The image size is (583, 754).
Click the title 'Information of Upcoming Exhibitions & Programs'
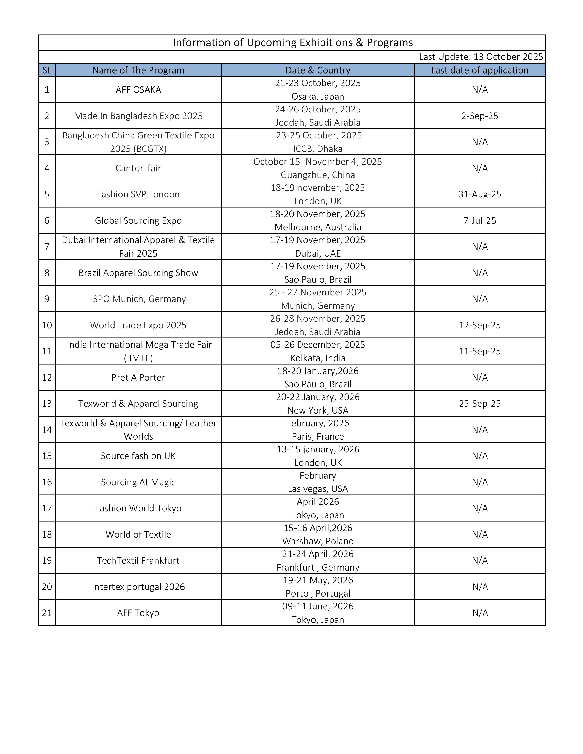pos(293,42)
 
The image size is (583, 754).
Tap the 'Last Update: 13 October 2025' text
pos(481,57)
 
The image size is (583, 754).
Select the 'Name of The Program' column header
pos(138,70)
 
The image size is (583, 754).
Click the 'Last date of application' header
pos(479,70)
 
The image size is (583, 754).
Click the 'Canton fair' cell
pos(138,168)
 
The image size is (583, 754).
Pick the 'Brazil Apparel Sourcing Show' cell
pos(138,273)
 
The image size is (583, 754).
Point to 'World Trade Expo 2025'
pos(138,325)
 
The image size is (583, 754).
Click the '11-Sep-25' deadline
pos(480,351)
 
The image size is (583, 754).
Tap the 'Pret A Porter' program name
pos(138,377)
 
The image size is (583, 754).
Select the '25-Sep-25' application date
pos(480,404)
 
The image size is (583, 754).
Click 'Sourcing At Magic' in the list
pos(138,482)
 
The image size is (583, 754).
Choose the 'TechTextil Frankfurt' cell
pos(138,560)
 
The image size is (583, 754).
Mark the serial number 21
pos(47,613)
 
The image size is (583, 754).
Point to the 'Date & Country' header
pos(318,70)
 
